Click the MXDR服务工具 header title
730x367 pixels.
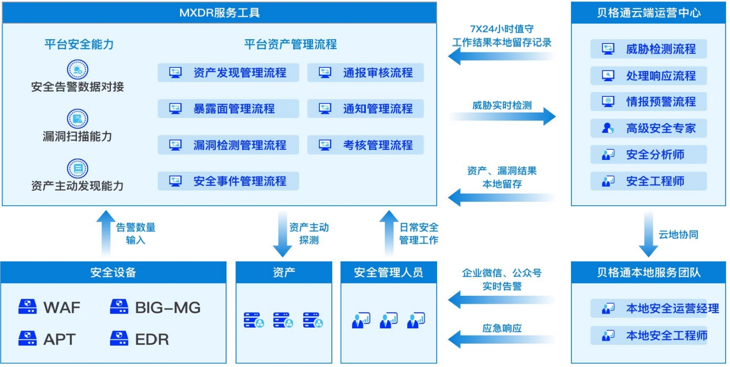(x=219, y=12)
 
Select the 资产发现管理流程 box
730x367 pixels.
(x=228, y=73)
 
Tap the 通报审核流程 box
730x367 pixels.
(x=365, y=73)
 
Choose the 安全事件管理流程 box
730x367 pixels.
(x=228, y=181)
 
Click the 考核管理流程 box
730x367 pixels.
(x=365, y=144)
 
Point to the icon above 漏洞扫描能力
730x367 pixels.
(x=77, y=118)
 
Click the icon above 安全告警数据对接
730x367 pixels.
(x=77, y=69)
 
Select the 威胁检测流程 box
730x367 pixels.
(x=648, y=48)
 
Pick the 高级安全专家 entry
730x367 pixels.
(x=648, y=128)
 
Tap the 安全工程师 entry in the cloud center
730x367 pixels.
(x=648, y=181)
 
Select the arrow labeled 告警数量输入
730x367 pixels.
(x=106, y=234)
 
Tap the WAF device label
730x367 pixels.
(x=62, y=308)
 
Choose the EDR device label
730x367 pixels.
(x=152, y=339)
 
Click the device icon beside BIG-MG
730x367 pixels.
(x=119, y=307)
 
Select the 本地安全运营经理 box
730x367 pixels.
(x=648, y=309)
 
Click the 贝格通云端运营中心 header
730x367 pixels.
(x=648, y=12)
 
